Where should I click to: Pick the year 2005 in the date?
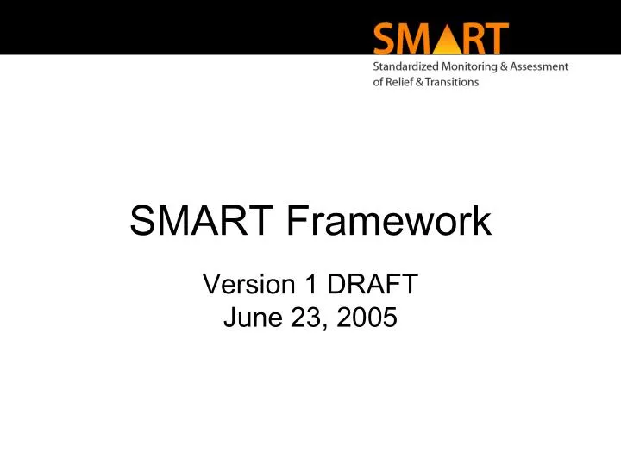click(x=364, y=318)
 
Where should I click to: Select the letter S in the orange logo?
click(x=386, y=39)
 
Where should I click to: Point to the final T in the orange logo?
click(x=497, y=39)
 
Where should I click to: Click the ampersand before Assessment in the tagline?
click(x=508, y=67)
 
